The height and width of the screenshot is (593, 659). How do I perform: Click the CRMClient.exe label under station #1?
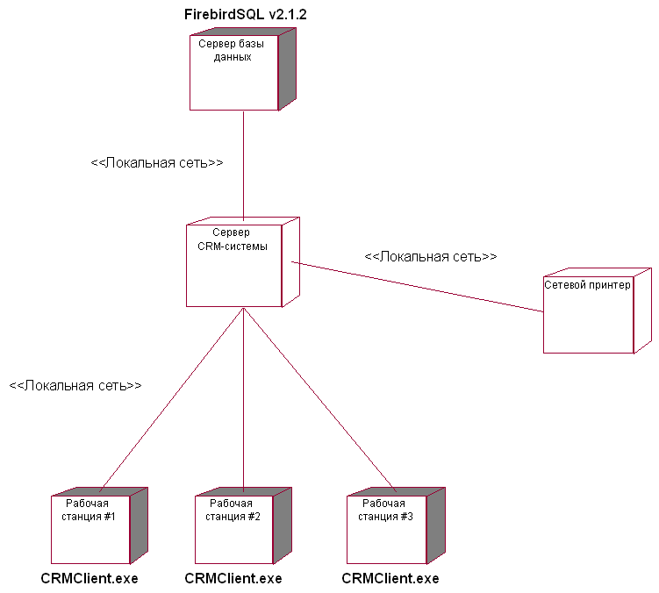point(90,579)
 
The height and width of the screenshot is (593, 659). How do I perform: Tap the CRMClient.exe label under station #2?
point(233,579)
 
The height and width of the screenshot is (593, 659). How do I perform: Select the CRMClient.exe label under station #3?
point(390,579)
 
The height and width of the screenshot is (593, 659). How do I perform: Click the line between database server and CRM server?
point(243,167)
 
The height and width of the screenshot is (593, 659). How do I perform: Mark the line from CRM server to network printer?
point(421,286)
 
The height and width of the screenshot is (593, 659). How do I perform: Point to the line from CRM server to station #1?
point(171,399)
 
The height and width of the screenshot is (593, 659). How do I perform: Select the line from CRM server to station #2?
point(243,399)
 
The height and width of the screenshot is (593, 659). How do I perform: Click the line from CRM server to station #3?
point(320,399)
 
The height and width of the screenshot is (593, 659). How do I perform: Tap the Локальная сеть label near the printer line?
point(431,257)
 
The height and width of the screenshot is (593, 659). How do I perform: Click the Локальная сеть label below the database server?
point(157,163)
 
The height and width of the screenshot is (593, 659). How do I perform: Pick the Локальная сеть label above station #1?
point(75,385)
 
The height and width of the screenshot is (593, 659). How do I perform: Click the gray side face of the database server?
point(287,69)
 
